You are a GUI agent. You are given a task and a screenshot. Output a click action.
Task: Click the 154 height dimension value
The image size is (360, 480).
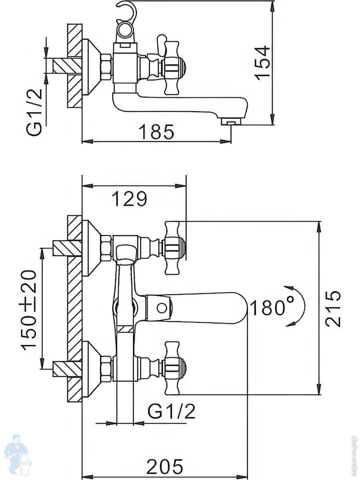pos(263,63)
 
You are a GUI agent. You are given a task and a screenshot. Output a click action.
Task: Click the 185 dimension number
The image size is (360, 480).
pos(156,132)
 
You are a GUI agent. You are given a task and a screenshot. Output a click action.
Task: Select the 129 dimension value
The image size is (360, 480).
pos(129,198)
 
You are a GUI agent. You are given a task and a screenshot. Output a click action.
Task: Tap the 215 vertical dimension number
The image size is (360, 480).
pos(333,308)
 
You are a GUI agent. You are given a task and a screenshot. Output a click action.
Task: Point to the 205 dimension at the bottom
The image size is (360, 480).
pos(164,466)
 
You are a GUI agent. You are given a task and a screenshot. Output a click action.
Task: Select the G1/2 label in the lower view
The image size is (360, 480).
pos(172,411)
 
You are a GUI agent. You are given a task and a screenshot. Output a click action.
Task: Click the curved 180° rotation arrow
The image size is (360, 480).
pos(298,306)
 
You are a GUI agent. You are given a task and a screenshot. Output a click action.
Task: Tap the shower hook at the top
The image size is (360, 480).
pos(127,12)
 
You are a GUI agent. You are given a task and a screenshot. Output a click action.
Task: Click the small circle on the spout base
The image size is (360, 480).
pos(162,308)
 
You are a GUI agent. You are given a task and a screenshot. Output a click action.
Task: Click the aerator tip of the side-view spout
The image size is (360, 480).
pos(232,121)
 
